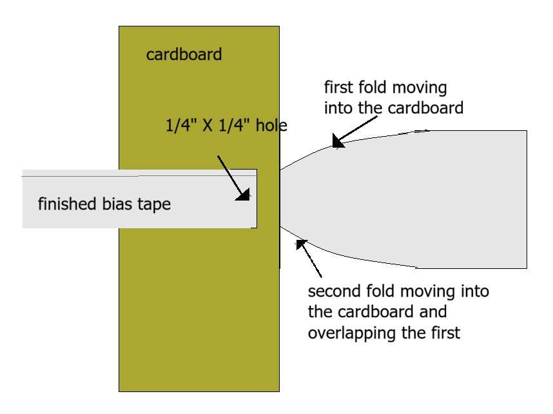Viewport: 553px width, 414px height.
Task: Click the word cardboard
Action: [184, 54]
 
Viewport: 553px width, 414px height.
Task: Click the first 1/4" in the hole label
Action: [180, 125]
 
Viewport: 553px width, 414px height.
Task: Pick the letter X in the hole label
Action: [208, 125]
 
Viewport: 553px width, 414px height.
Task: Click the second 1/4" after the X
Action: [235, 125]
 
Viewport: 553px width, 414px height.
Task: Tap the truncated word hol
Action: [267, 125]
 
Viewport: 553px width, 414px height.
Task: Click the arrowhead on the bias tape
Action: [244, 195]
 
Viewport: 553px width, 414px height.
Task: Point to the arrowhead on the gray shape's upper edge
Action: [338, 141]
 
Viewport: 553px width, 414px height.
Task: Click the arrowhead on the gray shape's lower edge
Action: [302, 244]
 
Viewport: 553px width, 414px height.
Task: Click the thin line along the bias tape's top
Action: [77, 175]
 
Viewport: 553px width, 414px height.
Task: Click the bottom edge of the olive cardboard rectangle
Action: [199, 390]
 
